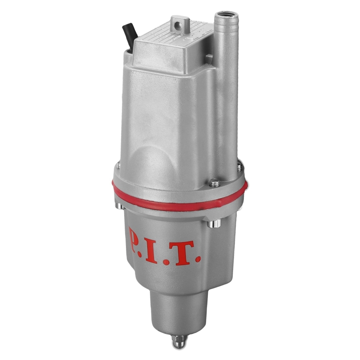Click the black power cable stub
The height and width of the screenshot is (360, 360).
[x=130, y=35]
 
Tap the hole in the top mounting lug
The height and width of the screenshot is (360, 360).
[x=177, y=26]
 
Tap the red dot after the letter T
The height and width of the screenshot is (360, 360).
[x=197, y=259]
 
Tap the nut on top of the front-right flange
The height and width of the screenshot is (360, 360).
[x=215, y=183]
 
